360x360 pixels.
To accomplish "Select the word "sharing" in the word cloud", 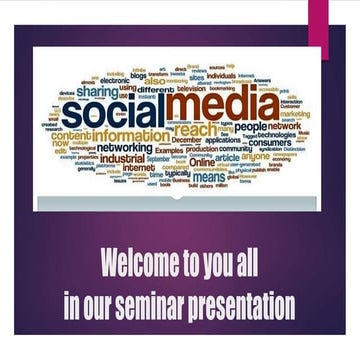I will pos(97,91).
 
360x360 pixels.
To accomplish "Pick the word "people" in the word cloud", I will pos(251,127).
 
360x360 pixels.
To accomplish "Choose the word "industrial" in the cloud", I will pos(122,158).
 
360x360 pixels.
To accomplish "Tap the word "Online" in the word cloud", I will pos(201,160).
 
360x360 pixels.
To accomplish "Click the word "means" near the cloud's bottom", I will pos(209,177).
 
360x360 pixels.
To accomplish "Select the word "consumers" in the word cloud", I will pos(269,143).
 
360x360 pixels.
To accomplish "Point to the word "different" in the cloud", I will pos(156,89).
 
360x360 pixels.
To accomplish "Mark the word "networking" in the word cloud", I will pos(125,147).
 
